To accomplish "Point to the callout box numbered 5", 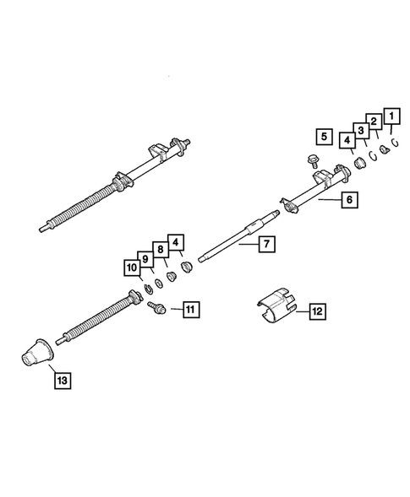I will pyautogui.click(x=323, y=135).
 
